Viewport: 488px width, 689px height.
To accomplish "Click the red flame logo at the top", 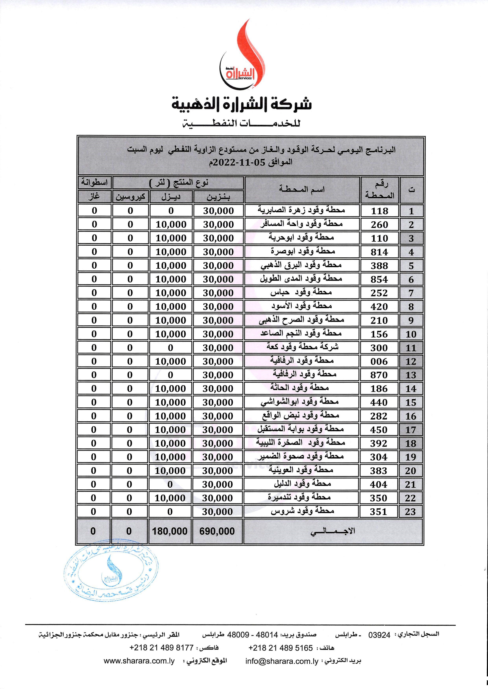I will coord(243,57).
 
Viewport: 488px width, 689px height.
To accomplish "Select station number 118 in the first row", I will coord(380,211).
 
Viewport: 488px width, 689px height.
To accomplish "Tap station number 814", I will coord(380,252).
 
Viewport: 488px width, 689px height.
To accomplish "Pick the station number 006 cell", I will coord(379,361).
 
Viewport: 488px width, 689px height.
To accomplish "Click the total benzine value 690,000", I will coord(217,531).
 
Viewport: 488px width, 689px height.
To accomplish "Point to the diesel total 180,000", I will coord(170,531).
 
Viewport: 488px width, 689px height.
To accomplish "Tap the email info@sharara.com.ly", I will coord(282,670).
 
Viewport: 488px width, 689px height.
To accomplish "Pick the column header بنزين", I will coord(218,197).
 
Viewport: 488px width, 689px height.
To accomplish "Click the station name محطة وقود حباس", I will coord(301,292).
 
